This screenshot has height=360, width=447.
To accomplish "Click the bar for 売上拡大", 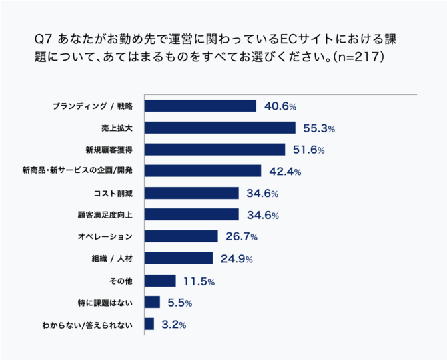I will (219, 128).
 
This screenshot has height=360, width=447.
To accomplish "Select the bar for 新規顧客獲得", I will (214, 149).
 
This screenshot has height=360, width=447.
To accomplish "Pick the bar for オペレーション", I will (181, 236).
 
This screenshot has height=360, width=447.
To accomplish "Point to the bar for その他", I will (160, 281).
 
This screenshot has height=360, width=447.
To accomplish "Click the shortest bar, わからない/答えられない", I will (149, 324).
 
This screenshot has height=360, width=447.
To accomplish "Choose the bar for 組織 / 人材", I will (178, 258).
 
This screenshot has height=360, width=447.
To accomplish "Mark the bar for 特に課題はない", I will (152, 302).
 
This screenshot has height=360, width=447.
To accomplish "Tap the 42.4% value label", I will (285, 172).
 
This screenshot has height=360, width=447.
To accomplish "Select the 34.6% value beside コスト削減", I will (262, 194).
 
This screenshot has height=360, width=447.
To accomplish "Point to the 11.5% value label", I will (199, 281).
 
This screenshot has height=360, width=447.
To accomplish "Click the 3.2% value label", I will (172, 325).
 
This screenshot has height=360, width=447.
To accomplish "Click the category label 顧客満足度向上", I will (106, 215).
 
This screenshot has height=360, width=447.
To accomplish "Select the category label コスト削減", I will (113, 194).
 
